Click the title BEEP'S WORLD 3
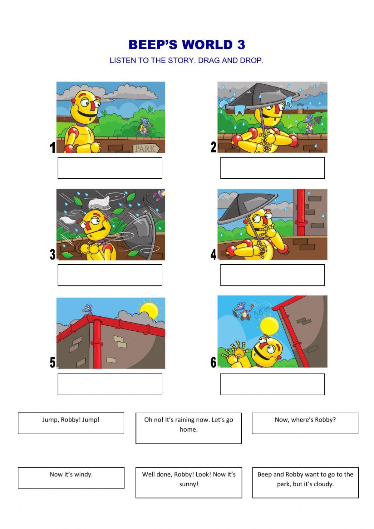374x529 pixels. point(187,45)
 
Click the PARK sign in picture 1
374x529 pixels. point(146,148)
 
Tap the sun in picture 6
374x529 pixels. point(270,325)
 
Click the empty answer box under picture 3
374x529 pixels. point(110,275)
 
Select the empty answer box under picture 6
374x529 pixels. point(272,384)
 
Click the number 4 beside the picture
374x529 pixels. point(213,255)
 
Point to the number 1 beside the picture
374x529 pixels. point(53,148)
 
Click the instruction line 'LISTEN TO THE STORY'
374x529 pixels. point(187,61)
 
